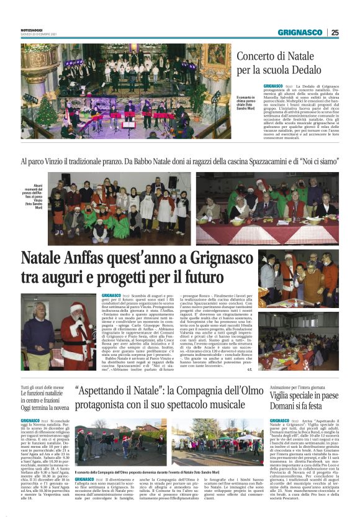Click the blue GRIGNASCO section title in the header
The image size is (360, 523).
tap(299, 32)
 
